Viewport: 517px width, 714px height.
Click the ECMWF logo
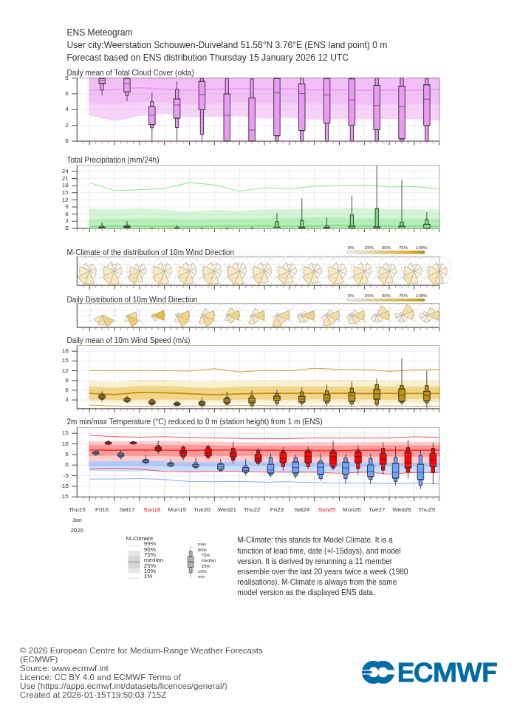(429, 673)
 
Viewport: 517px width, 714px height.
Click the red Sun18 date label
(152, 509)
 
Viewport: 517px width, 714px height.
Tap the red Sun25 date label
(326, 509)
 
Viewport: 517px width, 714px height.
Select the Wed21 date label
(227, 509)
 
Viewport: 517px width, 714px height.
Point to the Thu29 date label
(427, 509)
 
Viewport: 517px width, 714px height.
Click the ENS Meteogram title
(100, 33)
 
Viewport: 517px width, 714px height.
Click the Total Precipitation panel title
(113, 160)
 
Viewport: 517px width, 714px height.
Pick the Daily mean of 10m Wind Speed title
(129, 340)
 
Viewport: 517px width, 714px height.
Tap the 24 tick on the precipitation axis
(65, 171)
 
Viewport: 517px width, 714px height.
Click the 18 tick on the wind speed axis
(65, 351)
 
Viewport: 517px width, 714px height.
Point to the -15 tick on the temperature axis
(64, 496)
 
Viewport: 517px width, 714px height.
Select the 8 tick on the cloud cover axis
(66, 78)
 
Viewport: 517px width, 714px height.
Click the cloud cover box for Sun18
(152, 115)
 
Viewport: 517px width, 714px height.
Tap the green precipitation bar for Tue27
(377, 217)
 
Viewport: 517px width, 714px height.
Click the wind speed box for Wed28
(402, 395)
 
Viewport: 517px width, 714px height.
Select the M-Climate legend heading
(140, 538)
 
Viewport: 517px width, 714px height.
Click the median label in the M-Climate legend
(153, 560)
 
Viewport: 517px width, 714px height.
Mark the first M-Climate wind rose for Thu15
(87, 273)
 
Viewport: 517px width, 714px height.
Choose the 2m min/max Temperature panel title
(194, 421)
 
